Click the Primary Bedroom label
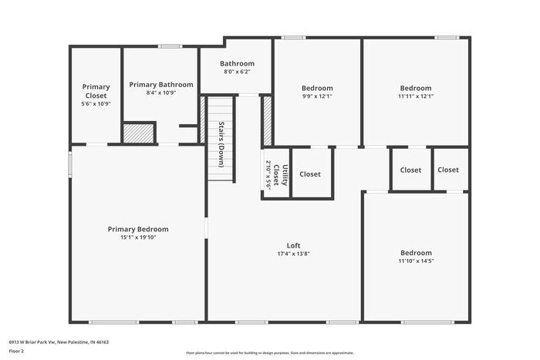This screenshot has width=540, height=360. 138,229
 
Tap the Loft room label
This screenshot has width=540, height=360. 293,244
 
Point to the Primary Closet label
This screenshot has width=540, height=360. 96,91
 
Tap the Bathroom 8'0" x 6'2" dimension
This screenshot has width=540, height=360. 237,72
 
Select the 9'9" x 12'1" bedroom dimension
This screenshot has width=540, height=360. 317,96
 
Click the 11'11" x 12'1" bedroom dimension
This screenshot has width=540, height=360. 416,96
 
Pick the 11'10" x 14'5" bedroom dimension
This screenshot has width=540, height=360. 416,261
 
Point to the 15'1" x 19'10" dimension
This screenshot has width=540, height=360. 138,237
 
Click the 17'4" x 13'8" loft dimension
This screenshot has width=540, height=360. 293,254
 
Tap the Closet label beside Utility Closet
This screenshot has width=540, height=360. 310,174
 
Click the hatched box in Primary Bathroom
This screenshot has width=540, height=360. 139,133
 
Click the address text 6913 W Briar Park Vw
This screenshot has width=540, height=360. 59,341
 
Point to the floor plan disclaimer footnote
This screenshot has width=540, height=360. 269,352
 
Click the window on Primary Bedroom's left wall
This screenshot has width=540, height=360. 70,163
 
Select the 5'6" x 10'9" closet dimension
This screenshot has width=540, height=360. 96,103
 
